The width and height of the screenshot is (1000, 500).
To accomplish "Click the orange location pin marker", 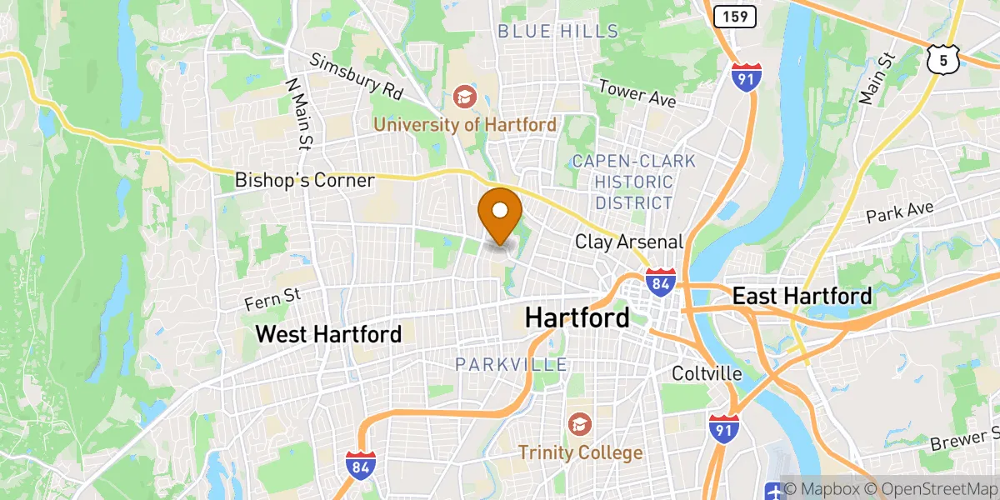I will point(501,215).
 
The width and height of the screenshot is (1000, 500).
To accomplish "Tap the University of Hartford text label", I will point(465,125).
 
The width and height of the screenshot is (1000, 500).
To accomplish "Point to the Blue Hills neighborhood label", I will point(558,32).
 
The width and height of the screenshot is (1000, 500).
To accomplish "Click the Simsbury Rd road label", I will point(356,74).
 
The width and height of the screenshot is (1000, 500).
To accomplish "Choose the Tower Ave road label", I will point(637,93).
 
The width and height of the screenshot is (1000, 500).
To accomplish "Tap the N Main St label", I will point(297,114).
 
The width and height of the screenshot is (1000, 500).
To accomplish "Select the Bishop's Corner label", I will point(304,180).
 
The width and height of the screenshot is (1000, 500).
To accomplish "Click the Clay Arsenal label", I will point(629,242).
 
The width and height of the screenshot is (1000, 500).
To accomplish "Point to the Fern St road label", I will point(272,298).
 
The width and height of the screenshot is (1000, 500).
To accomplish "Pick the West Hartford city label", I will point(328,334).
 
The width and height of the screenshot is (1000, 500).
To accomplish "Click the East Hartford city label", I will point(802,295).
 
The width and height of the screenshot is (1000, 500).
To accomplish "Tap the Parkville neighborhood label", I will point(511,364).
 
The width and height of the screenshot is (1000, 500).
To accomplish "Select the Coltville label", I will point(707,373).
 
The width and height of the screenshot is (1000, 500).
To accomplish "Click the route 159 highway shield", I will point(735,15).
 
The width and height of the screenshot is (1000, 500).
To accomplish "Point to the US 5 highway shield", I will point(942,58).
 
